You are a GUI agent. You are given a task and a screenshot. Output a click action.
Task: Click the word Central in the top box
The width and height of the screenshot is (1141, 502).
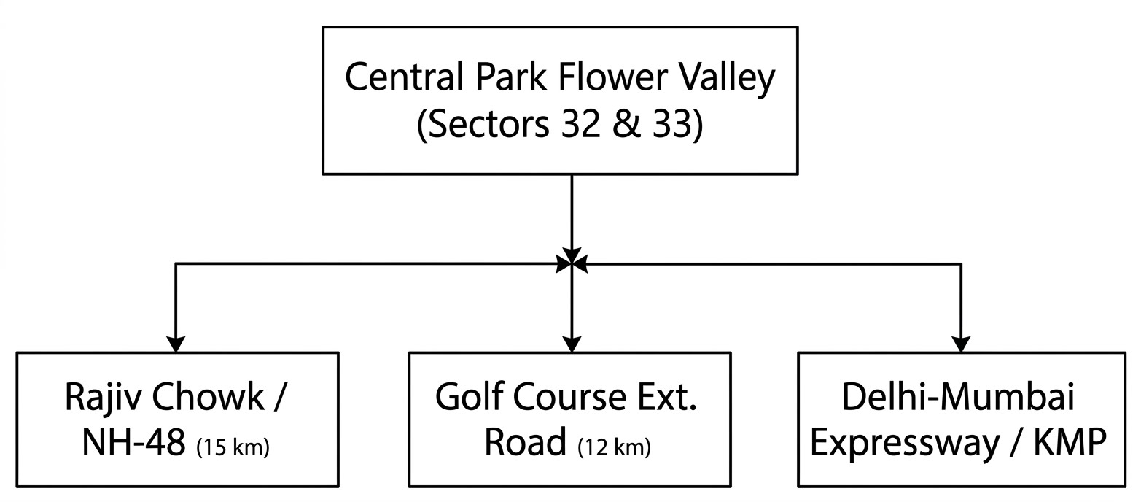click(x=405, y=77)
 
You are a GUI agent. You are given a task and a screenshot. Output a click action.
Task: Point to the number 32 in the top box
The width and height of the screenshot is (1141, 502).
click(x=580, y=123)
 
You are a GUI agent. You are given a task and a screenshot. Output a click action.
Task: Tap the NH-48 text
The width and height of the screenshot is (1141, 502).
click(x=133, y=442)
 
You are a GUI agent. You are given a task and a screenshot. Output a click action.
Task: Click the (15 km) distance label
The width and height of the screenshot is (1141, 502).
click(x=233, y=447)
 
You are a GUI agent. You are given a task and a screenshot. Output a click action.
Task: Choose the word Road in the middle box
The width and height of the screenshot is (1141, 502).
click(x=525, y=441)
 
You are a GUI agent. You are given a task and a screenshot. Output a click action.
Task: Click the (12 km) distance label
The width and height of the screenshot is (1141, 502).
click(x=615, y=447)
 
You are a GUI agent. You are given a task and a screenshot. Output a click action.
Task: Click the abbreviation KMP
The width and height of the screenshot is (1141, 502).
click(x=1070, y=442)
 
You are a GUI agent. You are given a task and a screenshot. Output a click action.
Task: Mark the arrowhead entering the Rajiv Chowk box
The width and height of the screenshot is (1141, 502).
click(x=176, y=344)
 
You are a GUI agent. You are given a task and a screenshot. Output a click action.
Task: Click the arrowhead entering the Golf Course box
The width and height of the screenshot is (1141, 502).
click(x=572, y=344)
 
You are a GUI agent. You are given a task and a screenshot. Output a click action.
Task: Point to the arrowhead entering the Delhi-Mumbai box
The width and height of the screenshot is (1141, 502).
click(x=961, y=344)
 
